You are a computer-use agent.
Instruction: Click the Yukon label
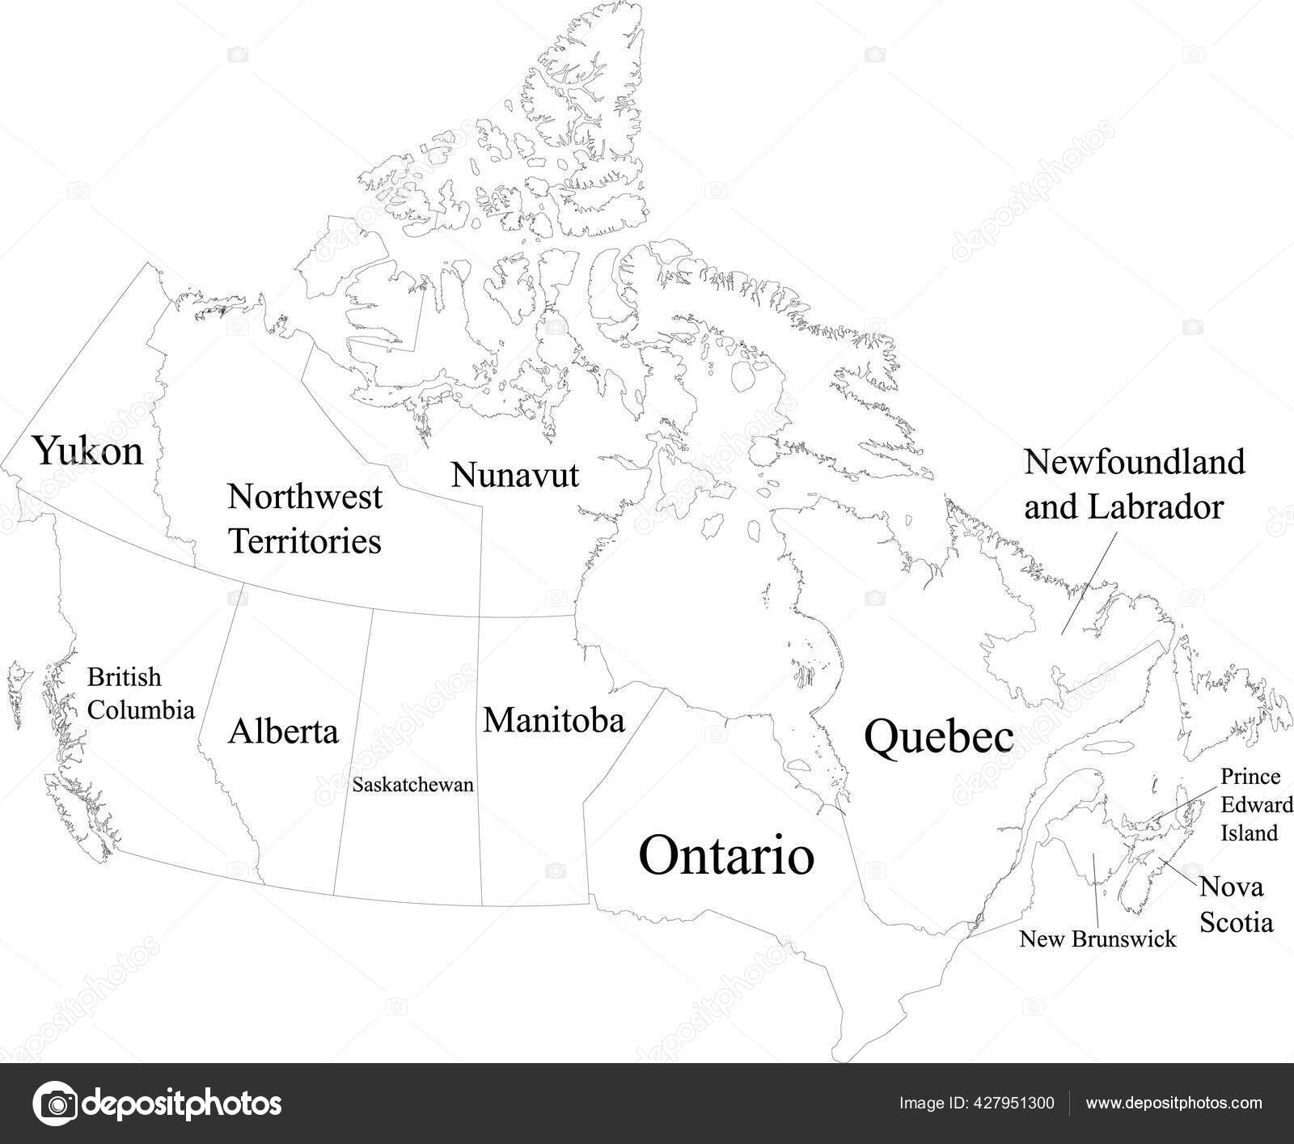pyautogui.click(x=88, y=451)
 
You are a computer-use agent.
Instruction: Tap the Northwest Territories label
pyautogui.click(x=304, y=518)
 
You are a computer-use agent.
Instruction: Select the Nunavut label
pyautogui.click(x=515, y=474)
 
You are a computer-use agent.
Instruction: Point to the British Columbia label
pyautogui.click(x=141, y=693)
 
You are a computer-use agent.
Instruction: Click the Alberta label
pyautogui.click(x=283, y=731)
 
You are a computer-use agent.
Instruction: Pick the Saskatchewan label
pyautogui.click(x=413, y=785)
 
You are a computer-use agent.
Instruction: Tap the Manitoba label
pyautogui.click(x=554, y=719)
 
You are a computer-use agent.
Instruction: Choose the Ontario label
pyautogui.click(x=726, y=855)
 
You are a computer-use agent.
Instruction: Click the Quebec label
pyautogui.click(x=938, y=737)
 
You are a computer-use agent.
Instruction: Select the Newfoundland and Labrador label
pyautogui.click(x=1134, y=485)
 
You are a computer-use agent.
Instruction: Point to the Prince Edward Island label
pyautogui.click(x=1250, y=804)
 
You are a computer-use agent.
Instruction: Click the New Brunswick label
pyautogui.click(x=1097, y=939)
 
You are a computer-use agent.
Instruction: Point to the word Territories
pyautogui.click(x=304, y=540)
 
